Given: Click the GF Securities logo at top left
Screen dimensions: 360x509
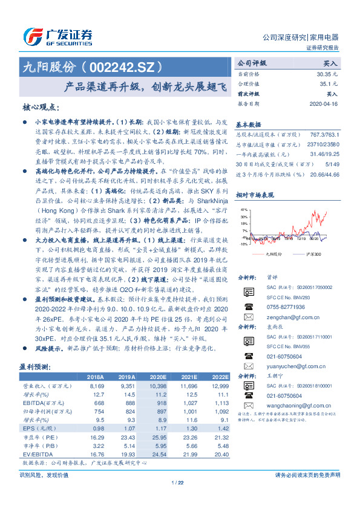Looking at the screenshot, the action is (57, 37).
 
